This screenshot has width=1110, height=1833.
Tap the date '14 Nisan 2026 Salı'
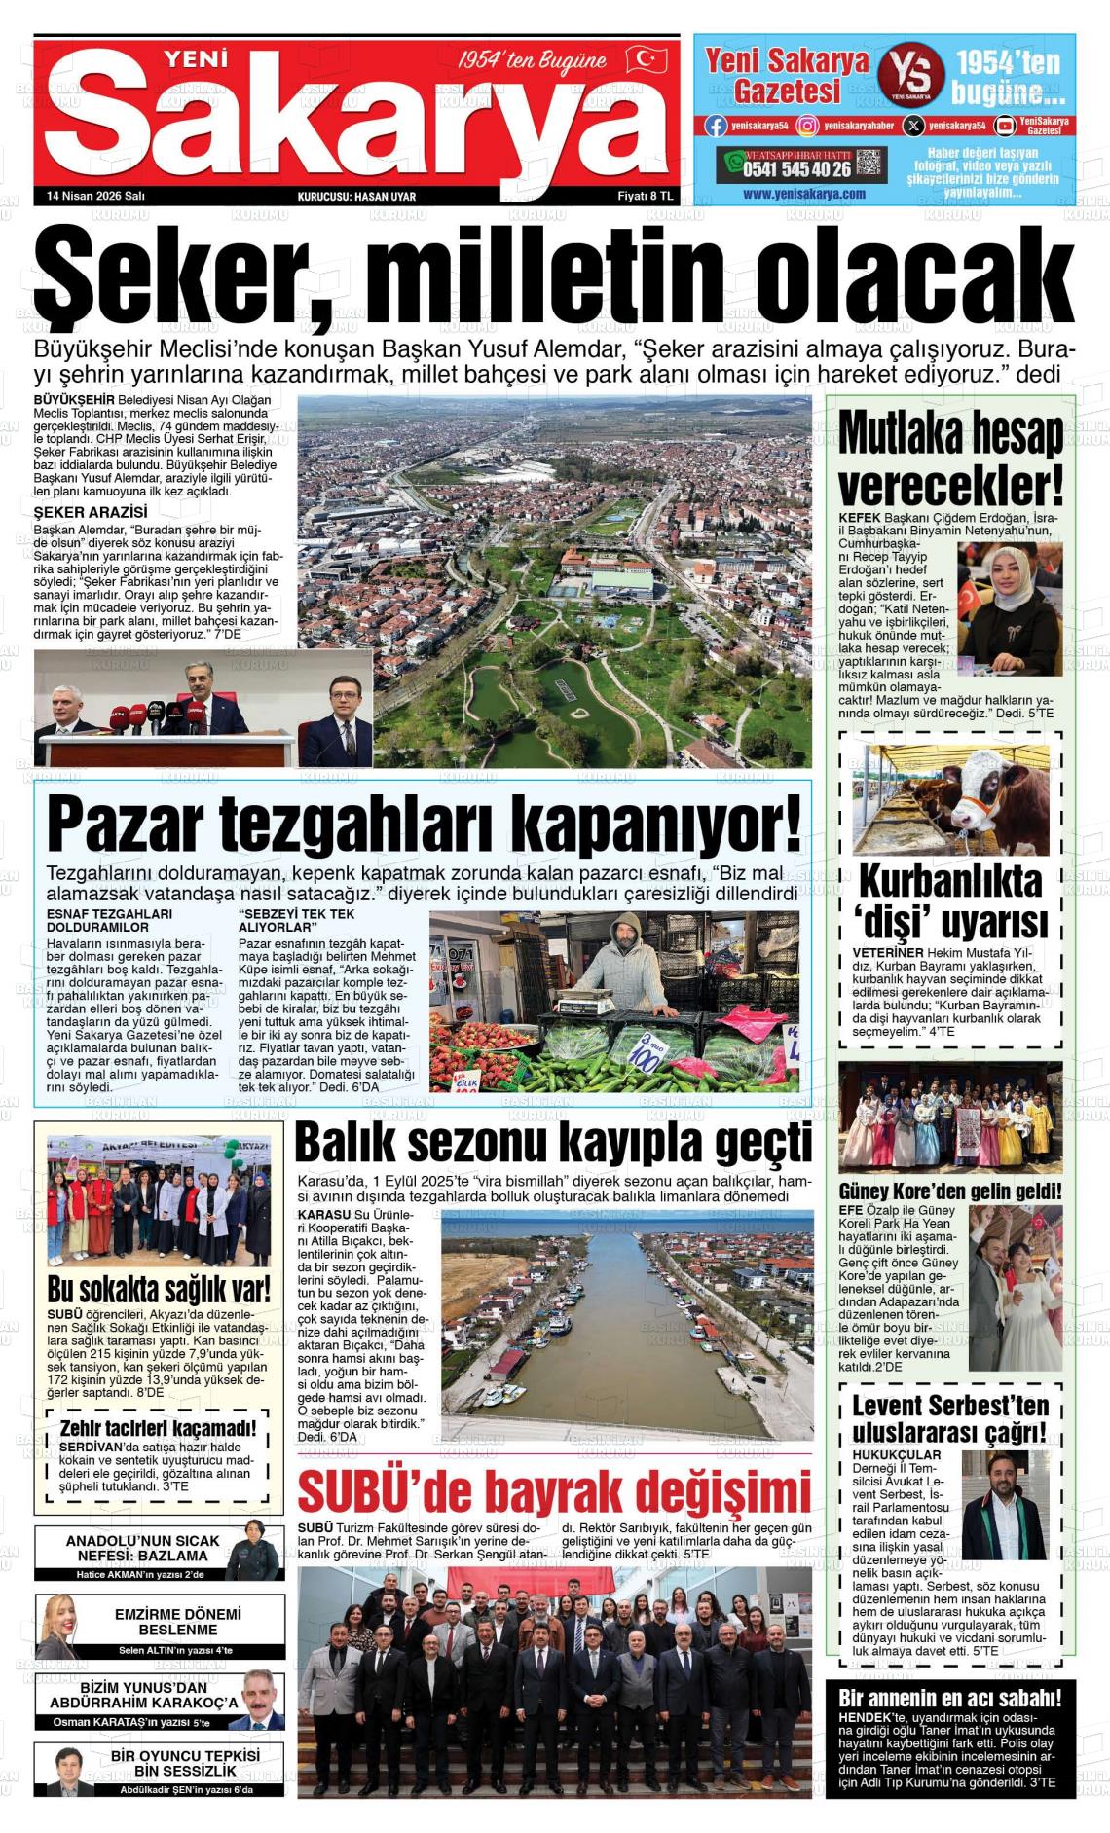click(x=95, y=196)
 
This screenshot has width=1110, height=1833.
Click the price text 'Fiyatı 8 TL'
click(x=646, y=196)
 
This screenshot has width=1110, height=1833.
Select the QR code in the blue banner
click(x=869, y=163)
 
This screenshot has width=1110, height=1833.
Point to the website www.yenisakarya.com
click(x=803, y=194)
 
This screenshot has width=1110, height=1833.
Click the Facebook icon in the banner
click(x=717, y=126)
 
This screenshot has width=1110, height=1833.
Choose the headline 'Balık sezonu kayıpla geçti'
click(x=553, y=1142)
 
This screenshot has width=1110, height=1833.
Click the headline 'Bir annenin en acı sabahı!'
click(x=950, y=1699)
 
